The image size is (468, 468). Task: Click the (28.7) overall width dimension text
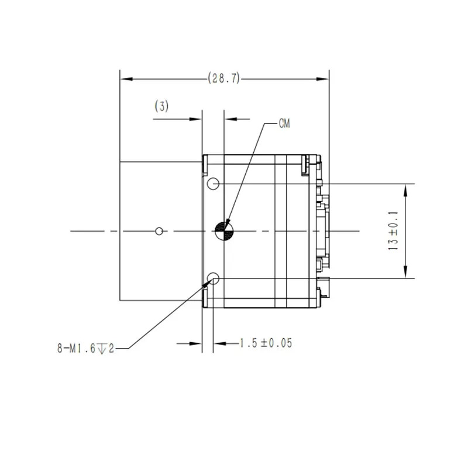pos(224,78)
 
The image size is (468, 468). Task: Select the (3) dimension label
pos(161,106)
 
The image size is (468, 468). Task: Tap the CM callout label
pos(284,123)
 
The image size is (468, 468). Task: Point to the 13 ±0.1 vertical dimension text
pos(393,230)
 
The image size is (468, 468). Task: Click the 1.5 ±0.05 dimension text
pos(266,343)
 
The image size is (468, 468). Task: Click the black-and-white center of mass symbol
pos(224,231)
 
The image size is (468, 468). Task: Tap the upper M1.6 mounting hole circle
pos(213,184)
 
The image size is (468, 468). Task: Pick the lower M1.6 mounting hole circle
pos(213,278)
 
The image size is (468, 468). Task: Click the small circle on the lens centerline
pos(159,231)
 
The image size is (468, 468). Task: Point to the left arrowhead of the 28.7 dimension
pos(126,79)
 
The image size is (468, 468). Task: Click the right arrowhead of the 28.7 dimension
pos(322,79)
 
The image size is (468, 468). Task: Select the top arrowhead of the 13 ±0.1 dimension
pos(405,190)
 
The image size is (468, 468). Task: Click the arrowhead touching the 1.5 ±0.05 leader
pos(220,343)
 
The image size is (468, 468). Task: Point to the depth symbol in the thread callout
pos(102,349)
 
